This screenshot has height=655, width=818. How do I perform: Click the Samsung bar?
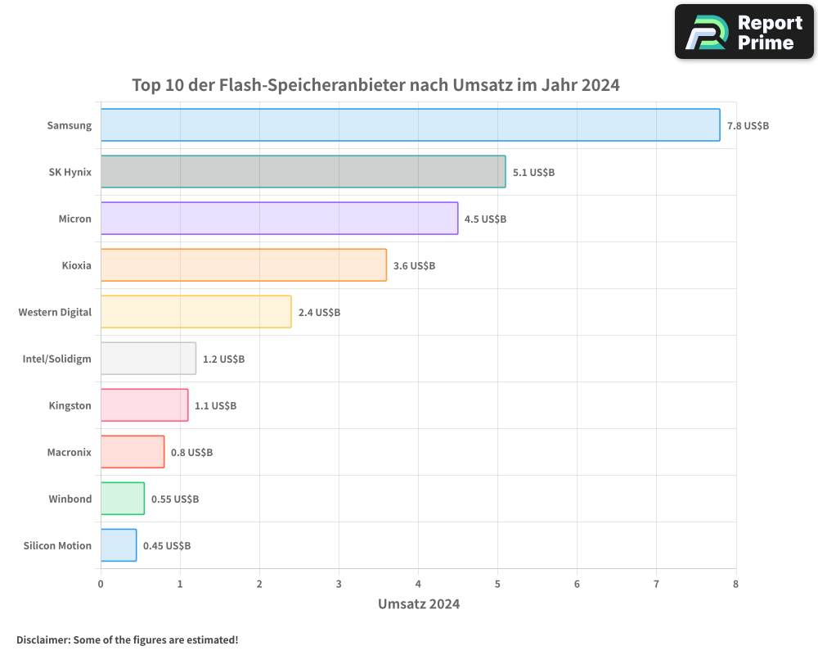[x=410, y=125]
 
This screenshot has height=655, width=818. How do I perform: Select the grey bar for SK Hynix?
[x=303, y=172]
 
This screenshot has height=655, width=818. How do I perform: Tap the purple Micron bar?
[x=279, y=219]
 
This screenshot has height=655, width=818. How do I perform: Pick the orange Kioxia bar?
[x=243, y=265]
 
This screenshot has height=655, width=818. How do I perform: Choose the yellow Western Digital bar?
[x=196, y=312]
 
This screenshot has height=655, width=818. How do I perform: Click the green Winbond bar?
[x=122, y=499]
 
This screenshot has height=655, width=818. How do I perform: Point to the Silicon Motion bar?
[x=118, y=545]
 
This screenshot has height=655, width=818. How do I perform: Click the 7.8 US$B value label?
[x=748, y=126]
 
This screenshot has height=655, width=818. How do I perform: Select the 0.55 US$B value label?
[x=174, y=499]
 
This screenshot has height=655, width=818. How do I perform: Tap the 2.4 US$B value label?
[x=319, y=313]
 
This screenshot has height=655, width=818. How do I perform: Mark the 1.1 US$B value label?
[x=215, y=406]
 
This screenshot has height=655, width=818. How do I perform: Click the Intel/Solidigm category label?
[x=56, y=359]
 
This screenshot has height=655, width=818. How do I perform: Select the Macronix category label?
[x=69, y=452]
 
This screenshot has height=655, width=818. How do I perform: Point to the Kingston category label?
[x=70, y=405]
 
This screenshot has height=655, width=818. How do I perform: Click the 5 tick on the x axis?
[x=497, y=584]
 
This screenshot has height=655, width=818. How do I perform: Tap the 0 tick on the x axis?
[x=101, y=584]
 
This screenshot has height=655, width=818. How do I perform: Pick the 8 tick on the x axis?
[x=735, y=584]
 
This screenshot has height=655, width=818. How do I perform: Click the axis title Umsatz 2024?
[x=418, y=604]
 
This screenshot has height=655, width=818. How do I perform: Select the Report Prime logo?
[x=744, y=32]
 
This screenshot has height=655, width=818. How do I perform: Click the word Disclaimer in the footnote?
[x=42, y=640]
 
